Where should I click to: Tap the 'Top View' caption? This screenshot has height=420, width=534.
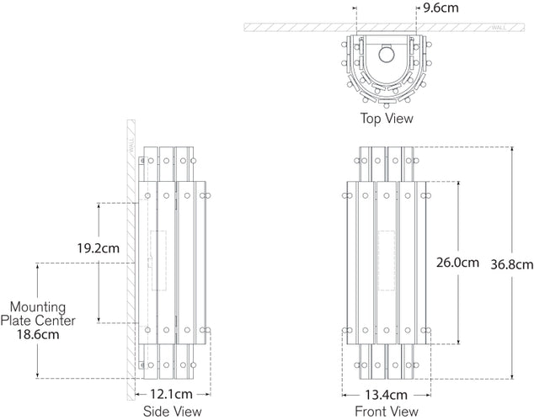coord(387,119)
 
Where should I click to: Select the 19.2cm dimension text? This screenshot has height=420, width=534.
coord(99,248)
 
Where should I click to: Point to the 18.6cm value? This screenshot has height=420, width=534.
coord(38,334)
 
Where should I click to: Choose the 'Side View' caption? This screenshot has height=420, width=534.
coord(173,411)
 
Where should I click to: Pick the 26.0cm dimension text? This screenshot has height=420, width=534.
coord(457,262)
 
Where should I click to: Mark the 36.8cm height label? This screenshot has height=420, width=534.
coord(512,263)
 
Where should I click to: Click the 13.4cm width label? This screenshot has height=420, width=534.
coord(387,394)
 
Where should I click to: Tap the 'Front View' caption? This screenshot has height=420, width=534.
coord(387,411)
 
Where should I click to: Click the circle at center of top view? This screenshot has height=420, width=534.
coord(387,56)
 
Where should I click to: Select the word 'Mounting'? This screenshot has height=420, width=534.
coord(38,307)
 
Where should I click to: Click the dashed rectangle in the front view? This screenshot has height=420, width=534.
coord(387,260)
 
